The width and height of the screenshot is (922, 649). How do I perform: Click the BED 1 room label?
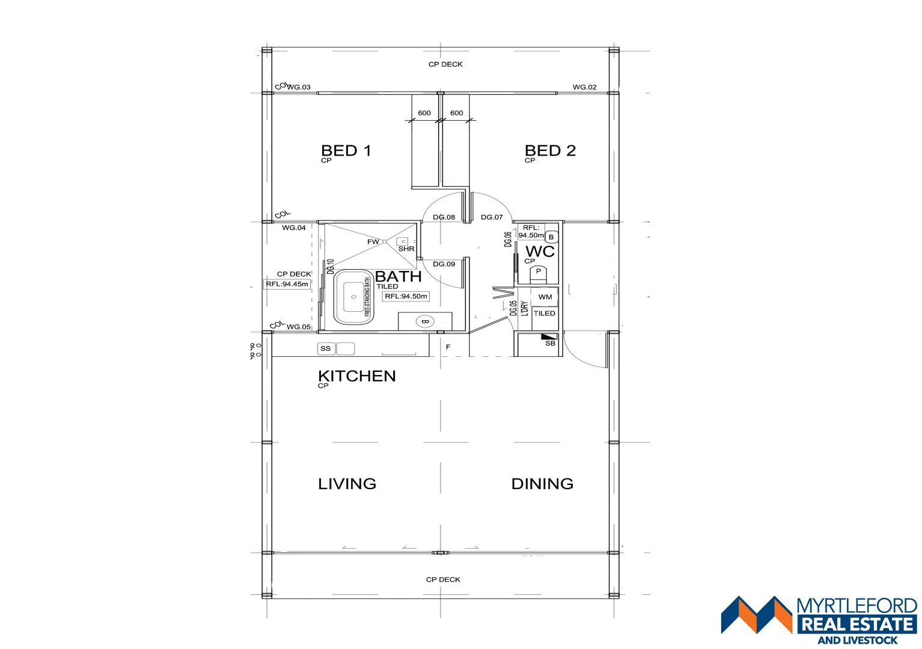(x=346, y=151)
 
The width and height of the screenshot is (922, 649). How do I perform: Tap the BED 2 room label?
(x=550, y=151)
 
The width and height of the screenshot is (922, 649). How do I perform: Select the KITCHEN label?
(x=356, y=376)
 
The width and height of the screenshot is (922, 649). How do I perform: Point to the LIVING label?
(x=347, y=484)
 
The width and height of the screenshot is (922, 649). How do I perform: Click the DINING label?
(x=542, y=484)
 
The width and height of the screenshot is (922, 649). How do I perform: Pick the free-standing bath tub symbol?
(x=353, y=297)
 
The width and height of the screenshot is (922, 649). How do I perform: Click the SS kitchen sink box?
(x=326, y=349)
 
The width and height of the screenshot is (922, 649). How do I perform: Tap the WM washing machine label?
(x=545, y=297)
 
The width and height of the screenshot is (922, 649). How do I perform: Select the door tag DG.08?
(x=444, y=217)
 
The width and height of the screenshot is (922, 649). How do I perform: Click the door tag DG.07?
(x=492, y=217)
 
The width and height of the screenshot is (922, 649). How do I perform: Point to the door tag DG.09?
(x=444, y=264)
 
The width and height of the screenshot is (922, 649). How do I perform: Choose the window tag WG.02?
(x=584, y=87)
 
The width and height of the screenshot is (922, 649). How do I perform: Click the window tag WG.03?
(x=298, y=87)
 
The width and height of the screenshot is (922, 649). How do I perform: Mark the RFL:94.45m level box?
(x=287, y=284)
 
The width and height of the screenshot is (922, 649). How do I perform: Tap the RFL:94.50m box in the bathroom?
(x=406, y=296)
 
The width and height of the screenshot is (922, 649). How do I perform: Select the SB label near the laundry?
(x=550, y=343)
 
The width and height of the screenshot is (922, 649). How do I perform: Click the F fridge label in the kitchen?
(x=448, y=347)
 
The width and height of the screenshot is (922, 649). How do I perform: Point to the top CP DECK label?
(x=445, y=64)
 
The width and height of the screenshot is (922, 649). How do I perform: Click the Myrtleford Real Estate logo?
(x=819, y=619)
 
